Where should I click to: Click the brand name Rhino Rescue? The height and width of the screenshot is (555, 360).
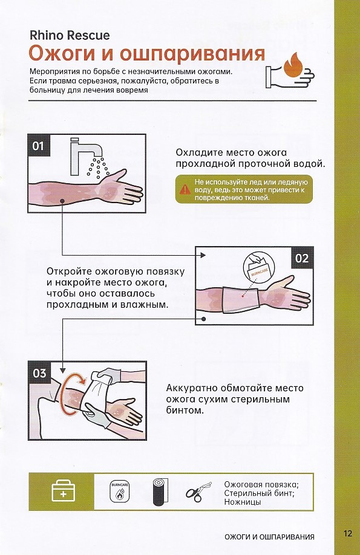pos(70,36)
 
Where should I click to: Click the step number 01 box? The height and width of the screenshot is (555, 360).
pos(39,146)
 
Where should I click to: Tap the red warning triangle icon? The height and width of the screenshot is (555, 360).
pos(185,189)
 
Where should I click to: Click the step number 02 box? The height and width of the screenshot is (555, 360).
pos(302,258)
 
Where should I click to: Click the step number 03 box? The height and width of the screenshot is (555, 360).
pos(39,373)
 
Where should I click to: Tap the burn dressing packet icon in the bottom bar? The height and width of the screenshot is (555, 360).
pos(119,492)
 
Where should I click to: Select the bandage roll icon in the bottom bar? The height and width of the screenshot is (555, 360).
pos(160,492)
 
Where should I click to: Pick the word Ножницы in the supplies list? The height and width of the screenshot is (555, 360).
pos(243,502)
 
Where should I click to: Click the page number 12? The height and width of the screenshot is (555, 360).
pos(348,533)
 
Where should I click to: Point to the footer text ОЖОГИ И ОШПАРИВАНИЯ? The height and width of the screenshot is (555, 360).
pos(269,537)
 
